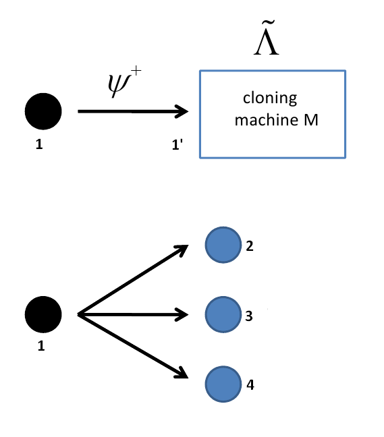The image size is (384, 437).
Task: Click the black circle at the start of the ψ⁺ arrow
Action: (43, 111)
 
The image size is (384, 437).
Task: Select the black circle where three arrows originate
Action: (43, 314)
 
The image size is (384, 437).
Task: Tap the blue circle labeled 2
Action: (223, 246)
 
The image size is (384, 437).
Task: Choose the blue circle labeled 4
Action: (223, 384)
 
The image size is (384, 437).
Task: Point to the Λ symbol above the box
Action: (266, 47)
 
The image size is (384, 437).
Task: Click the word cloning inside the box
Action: (270, 98)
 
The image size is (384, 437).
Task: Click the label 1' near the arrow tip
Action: (177, 143)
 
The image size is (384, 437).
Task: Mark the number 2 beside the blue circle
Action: (250, 247)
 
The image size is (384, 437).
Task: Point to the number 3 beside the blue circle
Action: (250, 315)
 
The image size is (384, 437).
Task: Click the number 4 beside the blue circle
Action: (250, 385)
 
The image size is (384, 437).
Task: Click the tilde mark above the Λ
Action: (266, 32)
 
